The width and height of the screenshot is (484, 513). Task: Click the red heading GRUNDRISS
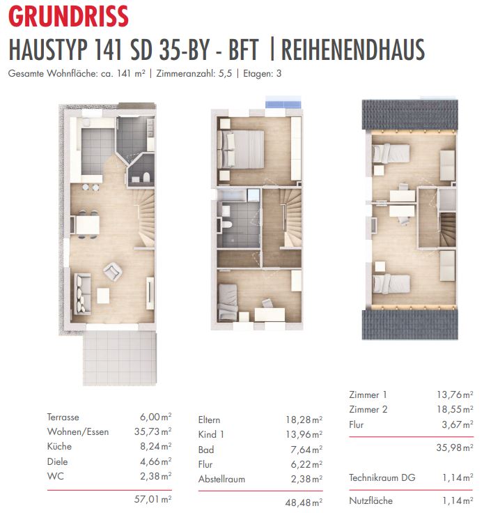point(68,16)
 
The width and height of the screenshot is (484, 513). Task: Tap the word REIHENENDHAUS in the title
point(353,49)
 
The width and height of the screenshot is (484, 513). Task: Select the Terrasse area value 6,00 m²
point(155,417)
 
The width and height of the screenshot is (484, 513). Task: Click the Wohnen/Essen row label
point(78,431)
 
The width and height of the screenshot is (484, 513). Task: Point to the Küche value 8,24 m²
point(155,446)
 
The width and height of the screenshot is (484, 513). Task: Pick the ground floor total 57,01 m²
point(153,499)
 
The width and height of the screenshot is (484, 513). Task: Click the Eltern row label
point(209,420)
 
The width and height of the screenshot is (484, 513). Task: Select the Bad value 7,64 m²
point(306,450)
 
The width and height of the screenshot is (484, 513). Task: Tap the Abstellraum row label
point(221,479)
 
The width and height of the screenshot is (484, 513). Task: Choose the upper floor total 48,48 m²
point(304,503)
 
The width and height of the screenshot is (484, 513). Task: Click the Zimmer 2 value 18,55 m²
point(455,409)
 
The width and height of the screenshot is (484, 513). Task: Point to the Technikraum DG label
point(382,477)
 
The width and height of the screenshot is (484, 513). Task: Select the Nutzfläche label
point(371,500)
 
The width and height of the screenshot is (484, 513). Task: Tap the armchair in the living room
point(113,272)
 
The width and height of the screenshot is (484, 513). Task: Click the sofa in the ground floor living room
point(82,294)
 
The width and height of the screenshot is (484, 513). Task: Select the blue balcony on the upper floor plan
point(283,103)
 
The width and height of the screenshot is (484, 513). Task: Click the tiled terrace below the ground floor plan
point(120,358)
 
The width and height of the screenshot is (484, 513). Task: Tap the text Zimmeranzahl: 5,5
point(194,73)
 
